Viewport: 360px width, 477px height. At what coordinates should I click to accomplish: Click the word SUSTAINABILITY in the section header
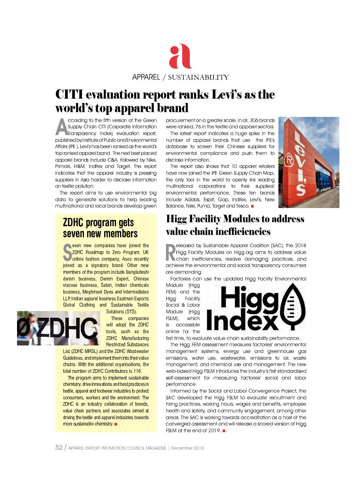(x=198, y=77)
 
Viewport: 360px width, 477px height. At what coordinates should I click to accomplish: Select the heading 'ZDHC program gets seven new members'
(x=100, y=228)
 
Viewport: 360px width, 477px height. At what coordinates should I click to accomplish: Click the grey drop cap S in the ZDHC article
(x=67, y=251)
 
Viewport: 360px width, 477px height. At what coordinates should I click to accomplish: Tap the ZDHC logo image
(x=58, y=328)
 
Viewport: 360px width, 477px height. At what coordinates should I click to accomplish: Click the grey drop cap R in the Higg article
(x=170, y=252)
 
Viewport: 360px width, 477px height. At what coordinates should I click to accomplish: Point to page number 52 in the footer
(x=59, y=448)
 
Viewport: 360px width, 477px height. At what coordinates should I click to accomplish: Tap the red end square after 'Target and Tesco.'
(x=252, y=206)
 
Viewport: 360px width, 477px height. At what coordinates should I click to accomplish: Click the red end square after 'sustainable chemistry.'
(x=116, y=424)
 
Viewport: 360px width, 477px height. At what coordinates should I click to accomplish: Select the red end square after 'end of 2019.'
(x=224, y=431)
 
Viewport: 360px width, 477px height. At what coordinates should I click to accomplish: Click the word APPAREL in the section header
(x=146, y=77)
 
